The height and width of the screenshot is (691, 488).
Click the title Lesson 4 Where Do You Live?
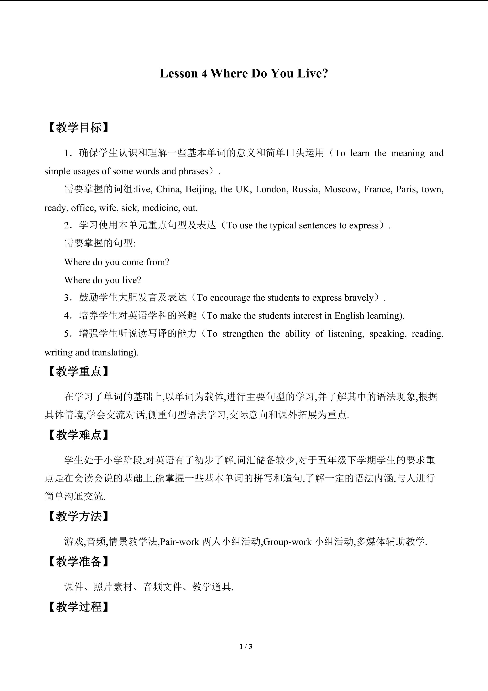[x=244, y=73]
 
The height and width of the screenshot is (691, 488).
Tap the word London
[x=271, y=189]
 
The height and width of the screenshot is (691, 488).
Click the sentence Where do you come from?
[x=117, y=262]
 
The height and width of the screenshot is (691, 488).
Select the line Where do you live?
[x=102, y=280]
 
